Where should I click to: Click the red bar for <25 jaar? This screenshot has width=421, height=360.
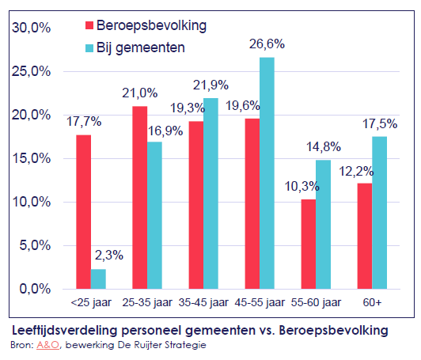(84, 212)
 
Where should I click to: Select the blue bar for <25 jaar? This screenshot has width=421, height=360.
(98, 279)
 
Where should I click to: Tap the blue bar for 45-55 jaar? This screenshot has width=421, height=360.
(267, 173)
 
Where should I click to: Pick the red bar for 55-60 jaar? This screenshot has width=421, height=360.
(309, 244)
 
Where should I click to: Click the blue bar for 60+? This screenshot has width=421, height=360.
(379, 213)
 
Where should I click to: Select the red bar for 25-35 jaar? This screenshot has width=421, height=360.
(140, 198)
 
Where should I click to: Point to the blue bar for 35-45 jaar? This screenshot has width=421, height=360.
(210, 194)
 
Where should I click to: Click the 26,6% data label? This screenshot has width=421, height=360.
(267, 44)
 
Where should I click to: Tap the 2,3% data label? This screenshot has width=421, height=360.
(109, 255)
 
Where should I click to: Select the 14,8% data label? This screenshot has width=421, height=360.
(324, 147)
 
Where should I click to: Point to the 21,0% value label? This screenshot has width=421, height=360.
(139, 93)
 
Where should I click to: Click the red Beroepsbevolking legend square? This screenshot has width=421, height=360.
(89, 25)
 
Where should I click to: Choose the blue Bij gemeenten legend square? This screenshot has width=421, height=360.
(89, 48)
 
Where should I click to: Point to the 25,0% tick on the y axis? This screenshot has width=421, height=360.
(31, 71)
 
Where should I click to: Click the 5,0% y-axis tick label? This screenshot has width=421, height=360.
(35, 245)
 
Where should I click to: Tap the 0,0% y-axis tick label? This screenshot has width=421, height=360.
(35, 289)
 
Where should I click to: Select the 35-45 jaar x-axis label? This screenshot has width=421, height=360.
(203, 302)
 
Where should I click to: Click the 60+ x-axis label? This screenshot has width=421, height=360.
(372, 302)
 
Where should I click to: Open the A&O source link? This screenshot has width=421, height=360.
(47, 345)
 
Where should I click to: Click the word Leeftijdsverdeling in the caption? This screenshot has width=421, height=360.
(64, 331)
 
